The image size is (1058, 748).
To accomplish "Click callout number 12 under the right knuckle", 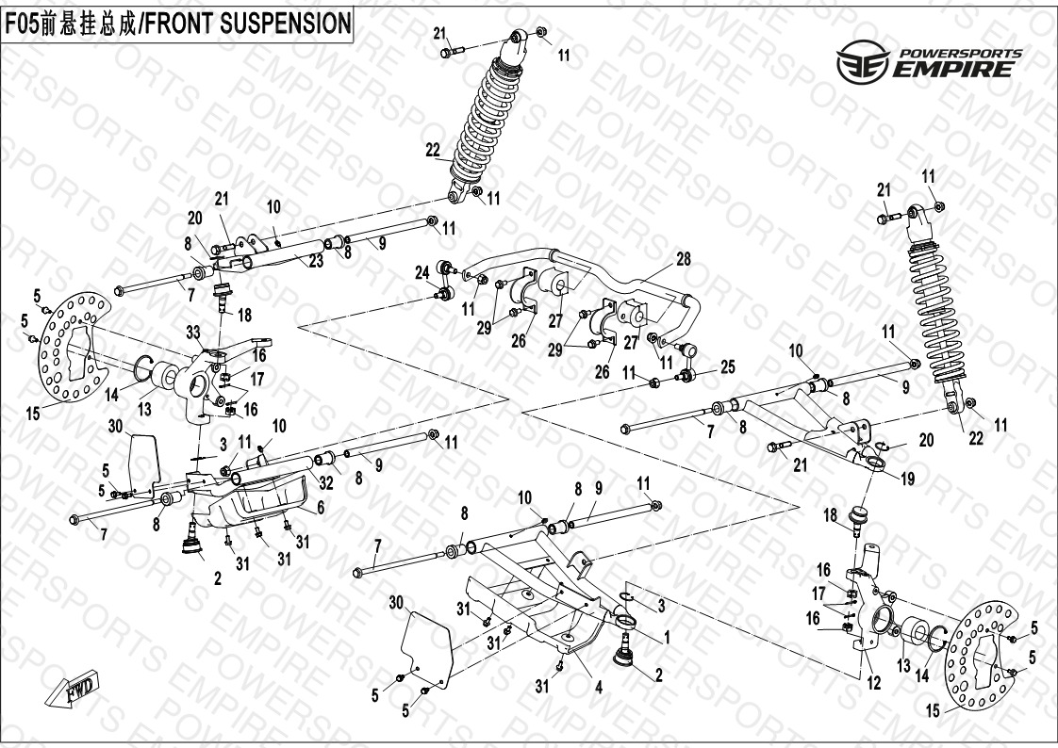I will click(x=873, y=684).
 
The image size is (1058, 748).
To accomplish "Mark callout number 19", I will click(x=907, y=478).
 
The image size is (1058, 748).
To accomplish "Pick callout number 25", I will click(x=727, y=365).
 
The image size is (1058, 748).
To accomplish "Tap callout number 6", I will click(x=321, y=507).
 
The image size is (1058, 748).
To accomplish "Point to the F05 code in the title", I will click(x=25, y=24).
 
